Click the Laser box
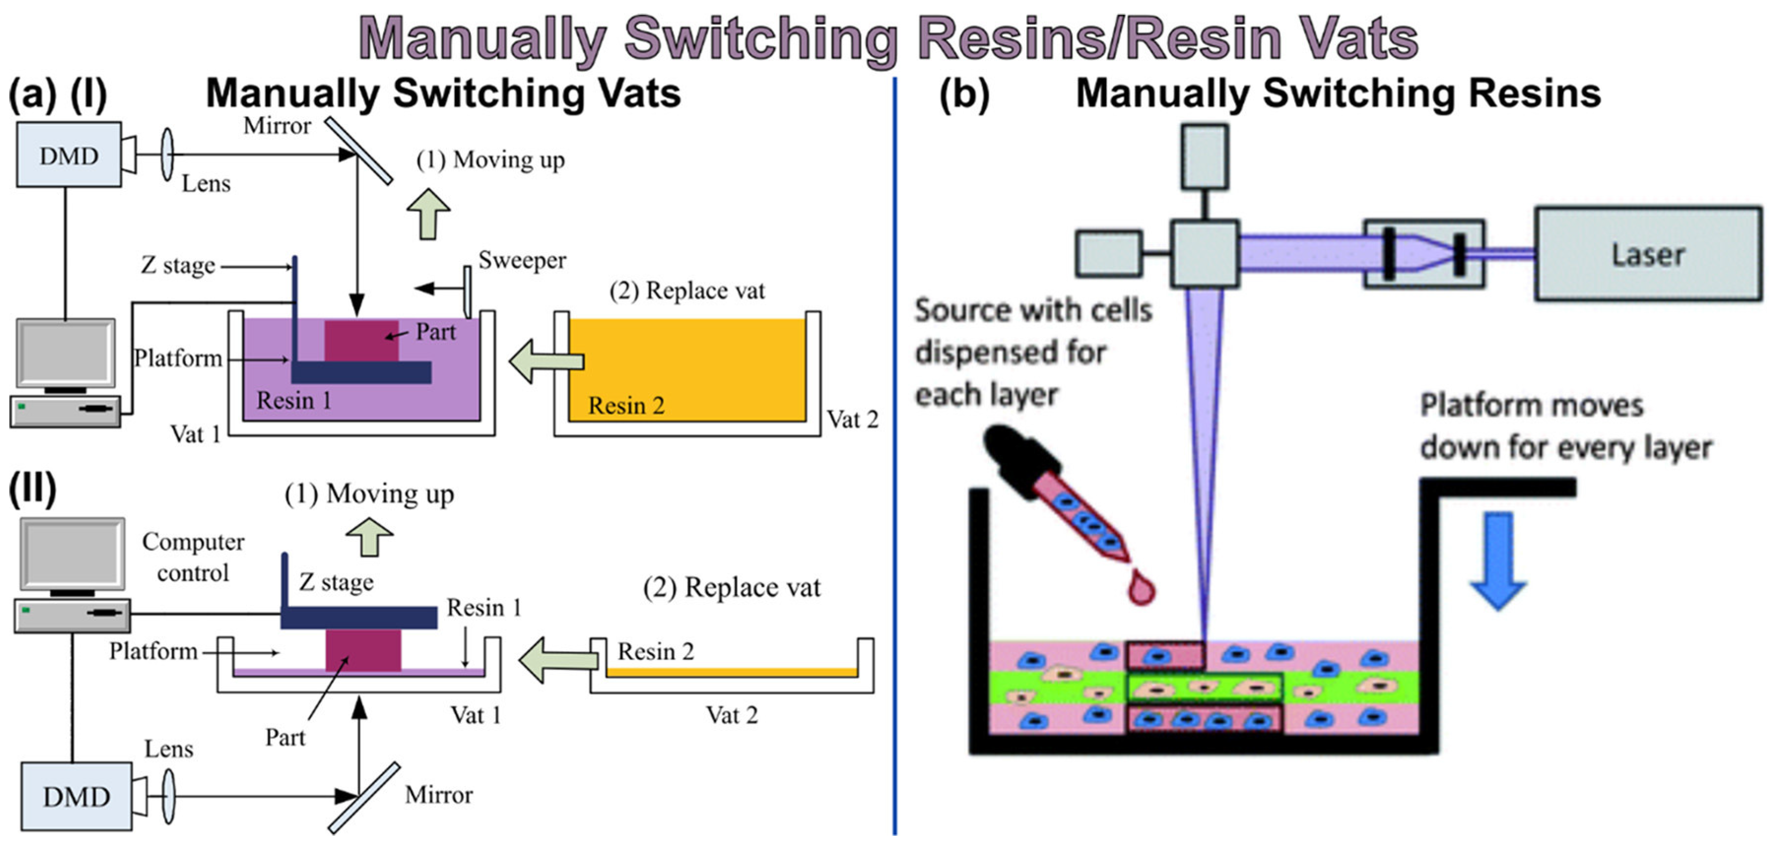click(x=1648, y=253)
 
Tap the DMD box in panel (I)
click(x=69, y=155)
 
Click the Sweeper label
click(x=522, y=260)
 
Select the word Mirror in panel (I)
click(x=277, y=126)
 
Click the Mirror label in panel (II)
click(x=439, y=795)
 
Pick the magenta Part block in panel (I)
click(x=361, y=341)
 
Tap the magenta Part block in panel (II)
click(x=363, y=650)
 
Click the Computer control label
click(x=193, y=557)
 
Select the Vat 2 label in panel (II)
click(x=732, y=715)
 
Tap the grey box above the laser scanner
click(x=1205, y=156)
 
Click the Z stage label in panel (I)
click(x=178, y=265)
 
